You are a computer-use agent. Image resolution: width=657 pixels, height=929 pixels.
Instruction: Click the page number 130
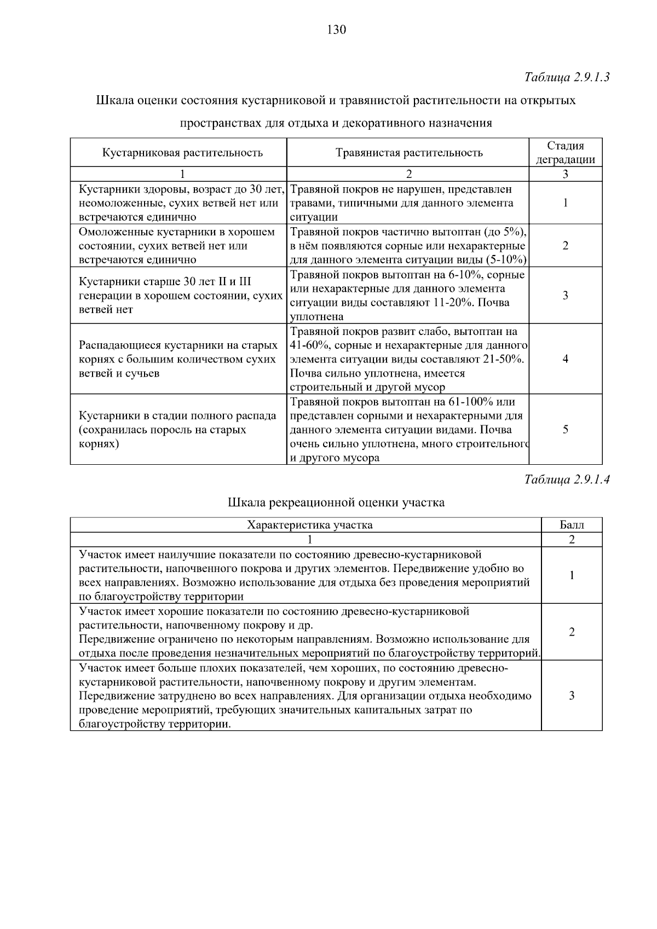336,30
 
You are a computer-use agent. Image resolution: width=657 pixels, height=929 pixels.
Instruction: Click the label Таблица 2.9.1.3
567,77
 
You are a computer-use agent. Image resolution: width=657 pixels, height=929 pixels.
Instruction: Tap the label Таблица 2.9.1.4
567,480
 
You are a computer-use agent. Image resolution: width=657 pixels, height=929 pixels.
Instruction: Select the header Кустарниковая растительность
182,153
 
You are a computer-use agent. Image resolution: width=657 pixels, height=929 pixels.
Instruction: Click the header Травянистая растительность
408,153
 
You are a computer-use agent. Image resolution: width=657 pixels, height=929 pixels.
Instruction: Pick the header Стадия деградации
565,153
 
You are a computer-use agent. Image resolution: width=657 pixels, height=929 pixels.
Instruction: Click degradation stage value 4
565,359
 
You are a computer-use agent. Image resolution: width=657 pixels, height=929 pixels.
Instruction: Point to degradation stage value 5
565,430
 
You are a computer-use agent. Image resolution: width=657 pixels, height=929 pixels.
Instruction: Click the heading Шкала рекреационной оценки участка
336,503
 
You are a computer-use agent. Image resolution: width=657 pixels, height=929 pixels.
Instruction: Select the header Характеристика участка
310,526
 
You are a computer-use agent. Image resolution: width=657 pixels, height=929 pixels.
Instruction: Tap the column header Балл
572,526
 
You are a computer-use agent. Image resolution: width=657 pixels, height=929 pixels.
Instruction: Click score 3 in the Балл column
572,696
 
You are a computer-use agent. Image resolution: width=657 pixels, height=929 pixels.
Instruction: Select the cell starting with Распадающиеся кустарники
178,359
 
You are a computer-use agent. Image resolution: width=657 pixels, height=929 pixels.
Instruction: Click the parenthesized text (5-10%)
506,260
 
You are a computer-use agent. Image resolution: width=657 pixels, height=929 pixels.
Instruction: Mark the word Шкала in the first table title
113,101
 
